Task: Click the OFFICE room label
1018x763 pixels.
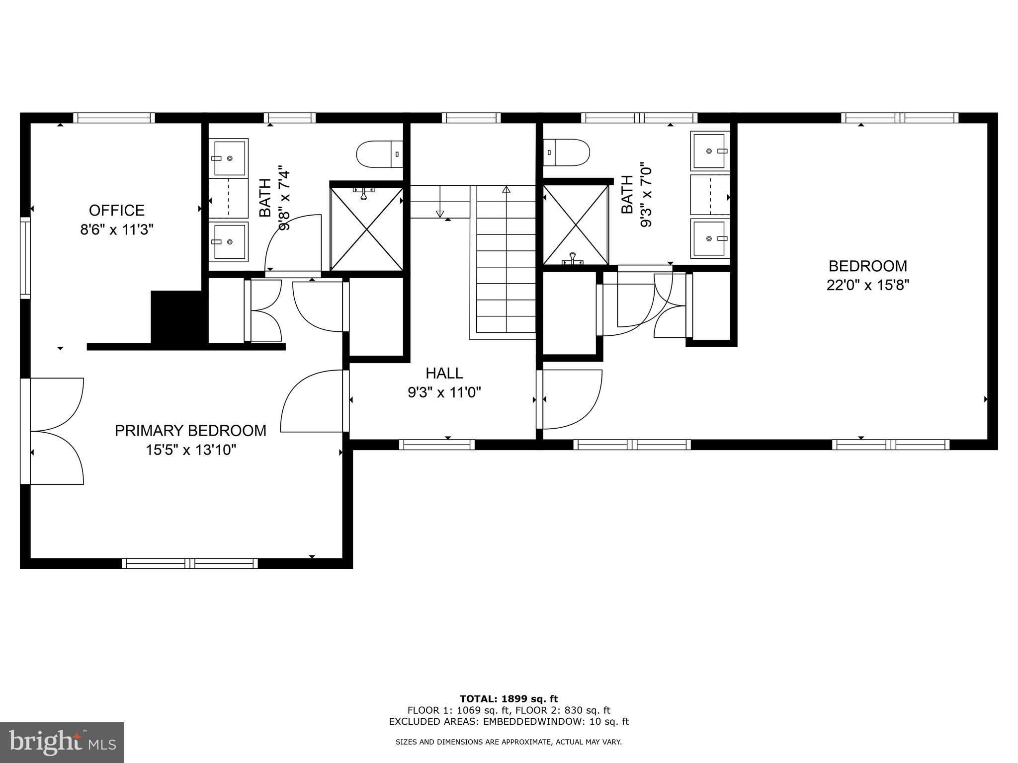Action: click(117, 210)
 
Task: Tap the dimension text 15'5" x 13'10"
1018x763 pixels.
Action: click(190, 450)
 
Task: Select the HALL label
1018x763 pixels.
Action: click(444, 373)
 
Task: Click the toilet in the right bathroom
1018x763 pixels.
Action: click(567, 153)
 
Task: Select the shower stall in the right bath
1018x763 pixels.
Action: click(576, 225)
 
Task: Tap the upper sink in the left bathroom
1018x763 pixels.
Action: click(228, 158)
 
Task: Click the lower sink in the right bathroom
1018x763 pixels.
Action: click(710, 238)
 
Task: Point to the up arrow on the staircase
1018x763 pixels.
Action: click(506, 190)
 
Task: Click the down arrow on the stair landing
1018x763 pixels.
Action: click(439, 213)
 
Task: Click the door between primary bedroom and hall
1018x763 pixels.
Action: click(313, 401)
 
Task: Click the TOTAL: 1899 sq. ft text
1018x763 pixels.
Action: click(509, 699)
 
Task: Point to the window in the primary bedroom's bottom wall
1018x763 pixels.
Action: click(190, 563)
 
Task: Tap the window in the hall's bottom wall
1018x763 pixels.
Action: click(437, 445)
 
